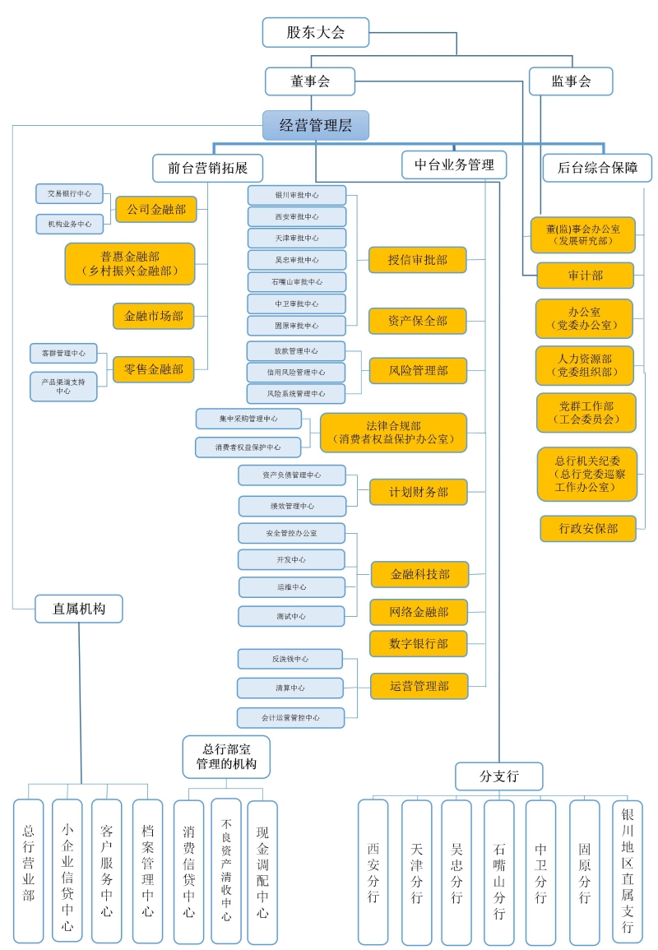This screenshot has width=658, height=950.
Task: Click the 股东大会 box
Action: tap(315, 33)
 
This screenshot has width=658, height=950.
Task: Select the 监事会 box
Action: tap(571, 81)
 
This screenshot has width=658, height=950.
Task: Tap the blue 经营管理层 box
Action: tap(315, 125)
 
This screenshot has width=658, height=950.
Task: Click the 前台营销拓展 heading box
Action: tap(207, 167)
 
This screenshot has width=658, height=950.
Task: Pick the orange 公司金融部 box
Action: tap(155, 209)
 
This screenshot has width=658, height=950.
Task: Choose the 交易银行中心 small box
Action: tap(69, 194)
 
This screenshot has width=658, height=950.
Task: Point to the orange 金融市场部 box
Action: tap(154, 316)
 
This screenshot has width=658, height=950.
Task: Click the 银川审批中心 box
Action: tap(297, 196)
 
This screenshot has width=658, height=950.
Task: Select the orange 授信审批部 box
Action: tap(418, 259)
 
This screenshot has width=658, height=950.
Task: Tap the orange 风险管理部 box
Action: tap(418, 370)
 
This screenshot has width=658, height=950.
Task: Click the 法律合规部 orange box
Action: tap(393, 433)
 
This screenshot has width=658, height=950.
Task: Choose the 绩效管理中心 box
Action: tap(292, 506)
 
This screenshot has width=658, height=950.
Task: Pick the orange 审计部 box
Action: tap(585, 276)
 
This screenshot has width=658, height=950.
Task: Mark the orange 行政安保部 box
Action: tap(588, 528)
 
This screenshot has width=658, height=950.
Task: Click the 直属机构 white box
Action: tap(79, 609)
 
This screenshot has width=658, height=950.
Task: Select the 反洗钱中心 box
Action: tap(290, 659)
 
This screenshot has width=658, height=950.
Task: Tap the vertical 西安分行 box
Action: tap(373, 872)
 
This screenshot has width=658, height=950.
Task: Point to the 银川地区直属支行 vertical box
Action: tap(628, 870)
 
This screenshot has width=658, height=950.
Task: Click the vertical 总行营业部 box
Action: tap(29, 871)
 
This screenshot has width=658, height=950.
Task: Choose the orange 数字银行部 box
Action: tap(418, 643)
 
